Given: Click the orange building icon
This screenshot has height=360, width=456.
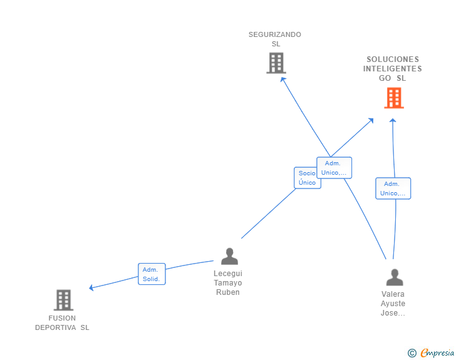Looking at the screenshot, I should [394, 98].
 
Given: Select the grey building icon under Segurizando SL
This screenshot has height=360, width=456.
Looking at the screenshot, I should [276, 63].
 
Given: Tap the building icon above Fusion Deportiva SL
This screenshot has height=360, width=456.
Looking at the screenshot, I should [63, 301].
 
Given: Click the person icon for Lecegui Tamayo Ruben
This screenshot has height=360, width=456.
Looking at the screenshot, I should [229, 256].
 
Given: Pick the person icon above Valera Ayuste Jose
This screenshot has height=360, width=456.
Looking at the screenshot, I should [394, 277].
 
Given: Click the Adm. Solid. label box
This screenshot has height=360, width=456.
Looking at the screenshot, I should [152, 274].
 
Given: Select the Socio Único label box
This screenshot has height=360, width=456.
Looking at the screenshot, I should [306, 178].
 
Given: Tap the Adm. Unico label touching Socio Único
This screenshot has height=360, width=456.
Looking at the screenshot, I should [334, 168].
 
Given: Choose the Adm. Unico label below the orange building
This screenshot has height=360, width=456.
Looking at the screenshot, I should [393, 188].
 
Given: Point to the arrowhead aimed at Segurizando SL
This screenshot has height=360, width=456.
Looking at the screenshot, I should [282, 80].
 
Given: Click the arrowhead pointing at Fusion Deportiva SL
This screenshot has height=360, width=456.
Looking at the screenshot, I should [91, 288].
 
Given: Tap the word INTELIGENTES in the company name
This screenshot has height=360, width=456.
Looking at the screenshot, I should [392, 69].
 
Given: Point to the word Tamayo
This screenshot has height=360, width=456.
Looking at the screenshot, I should [227, 283].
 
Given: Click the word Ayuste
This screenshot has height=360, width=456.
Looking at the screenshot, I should [393, 304].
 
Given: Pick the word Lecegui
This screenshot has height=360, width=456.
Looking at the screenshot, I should [227, 274].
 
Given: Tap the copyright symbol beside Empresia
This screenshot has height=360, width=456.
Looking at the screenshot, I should [412, 353].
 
